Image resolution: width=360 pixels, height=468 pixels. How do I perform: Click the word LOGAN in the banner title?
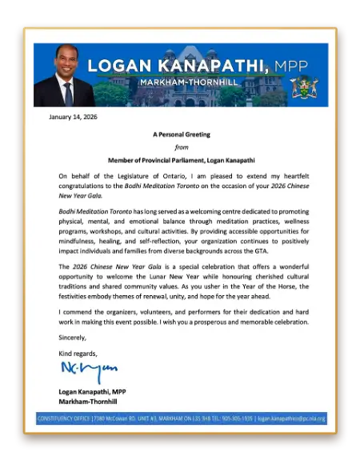click(119, 66)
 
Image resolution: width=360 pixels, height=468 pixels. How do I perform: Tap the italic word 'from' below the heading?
click(182, 147)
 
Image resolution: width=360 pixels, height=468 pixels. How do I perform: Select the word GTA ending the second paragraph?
click(260, 250)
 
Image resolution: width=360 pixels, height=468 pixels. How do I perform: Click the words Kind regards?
click(78, 353)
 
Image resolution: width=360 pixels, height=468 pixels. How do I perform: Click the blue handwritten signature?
click(89, 370)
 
